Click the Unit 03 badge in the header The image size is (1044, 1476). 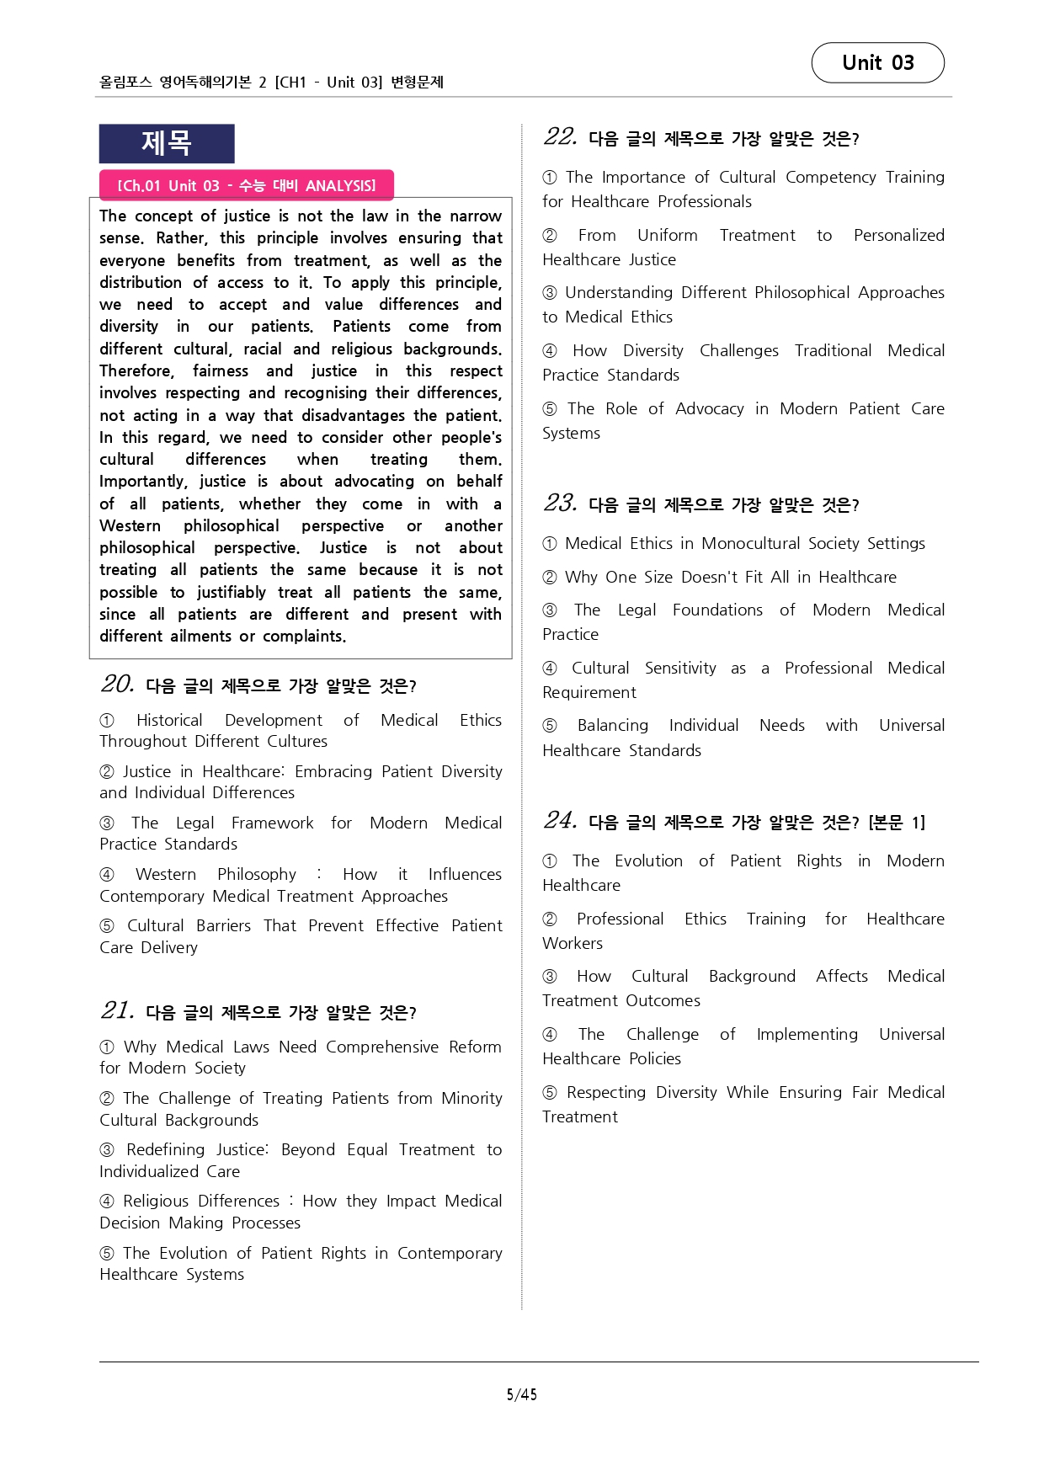tap(877, 63)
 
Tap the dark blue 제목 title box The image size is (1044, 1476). tap(167, 143)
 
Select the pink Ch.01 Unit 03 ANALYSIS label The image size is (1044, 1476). tap(246, 185)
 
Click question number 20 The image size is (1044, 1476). tap(117, 684)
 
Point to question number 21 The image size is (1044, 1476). tap(117, 1010)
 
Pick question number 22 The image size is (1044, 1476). tap(560, 136)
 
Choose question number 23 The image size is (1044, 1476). tap(560, 503)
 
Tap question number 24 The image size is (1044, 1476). tap(560, 820)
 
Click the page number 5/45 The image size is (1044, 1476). tap(521, 1394)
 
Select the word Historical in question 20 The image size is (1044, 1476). tap(169, 720)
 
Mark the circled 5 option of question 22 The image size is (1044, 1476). tap(550, 409)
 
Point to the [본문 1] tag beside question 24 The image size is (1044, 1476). tap(897, 823)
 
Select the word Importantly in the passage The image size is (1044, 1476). tap(143, 482)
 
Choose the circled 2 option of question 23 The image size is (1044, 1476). tap(550, 578)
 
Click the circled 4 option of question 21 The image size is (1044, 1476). tap(107, 1202)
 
